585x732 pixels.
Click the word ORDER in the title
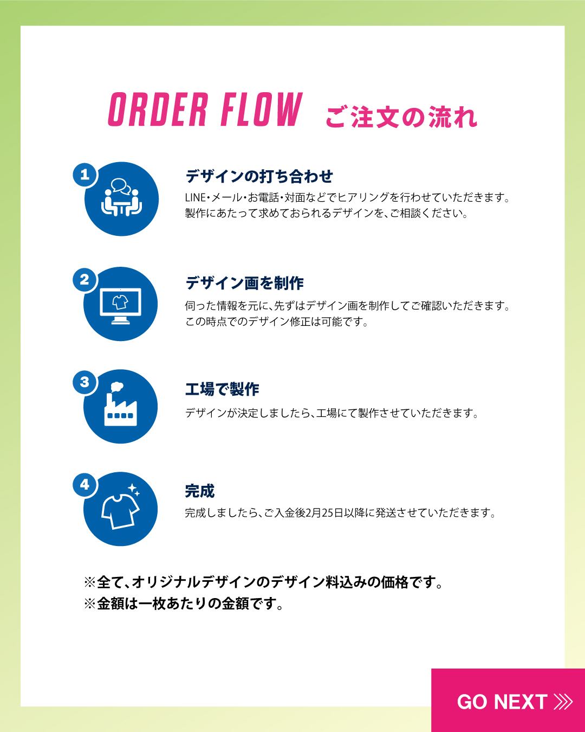point(158,110)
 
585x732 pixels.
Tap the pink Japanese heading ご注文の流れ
point(401,117)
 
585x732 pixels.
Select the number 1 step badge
point(84,175)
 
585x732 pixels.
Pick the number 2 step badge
point(84,280)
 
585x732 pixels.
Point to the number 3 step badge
point(84,382)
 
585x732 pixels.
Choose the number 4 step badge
point(84,484)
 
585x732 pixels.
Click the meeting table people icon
point(121,198)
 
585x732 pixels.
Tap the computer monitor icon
point(120,305)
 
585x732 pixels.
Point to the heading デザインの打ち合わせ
point(259,176)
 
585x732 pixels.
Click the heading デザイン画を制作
point(244,282)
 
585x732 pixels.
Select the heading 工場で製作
point(222,389)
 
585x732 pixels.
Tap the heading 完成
point(199,491)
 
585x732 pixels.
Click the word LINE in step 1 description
point(196,197)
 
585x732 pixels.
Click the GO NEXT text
point(502,702)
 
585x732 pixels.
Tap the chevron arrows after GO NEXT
point(563,702)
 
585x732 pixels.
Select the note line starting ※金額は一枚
point(184,603)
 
